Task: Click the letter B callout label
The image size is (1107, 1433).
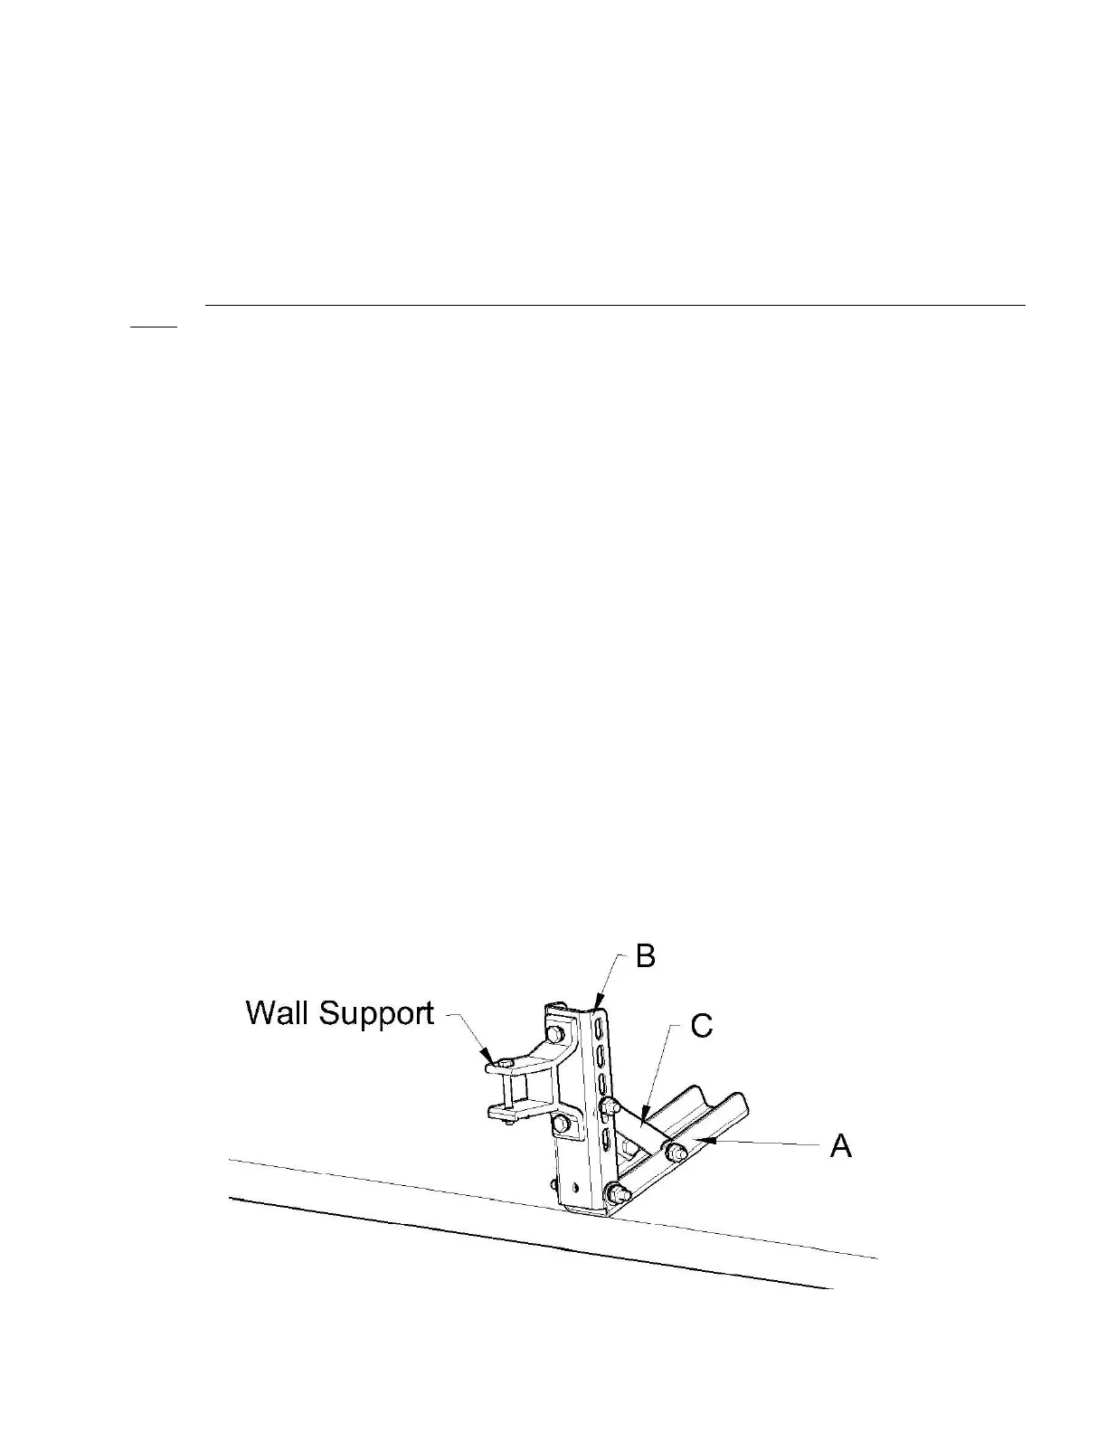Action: tap(645, 956)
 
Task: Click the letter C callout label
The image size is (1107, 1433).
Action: tap(701, 1026)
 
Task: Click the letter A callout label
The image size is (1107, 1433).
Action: tap(841, 1146)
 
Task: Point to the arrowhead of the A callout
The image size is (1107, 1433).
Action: tap(705, 1143)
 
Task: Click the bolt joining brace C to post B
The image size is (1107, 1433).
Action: tap(610, 1106)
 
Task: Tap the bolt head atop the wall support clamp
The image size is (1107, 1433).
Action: tap(507, 1061)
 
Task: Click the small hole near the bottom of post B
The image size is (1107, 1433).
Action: tap(574, 1182)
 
